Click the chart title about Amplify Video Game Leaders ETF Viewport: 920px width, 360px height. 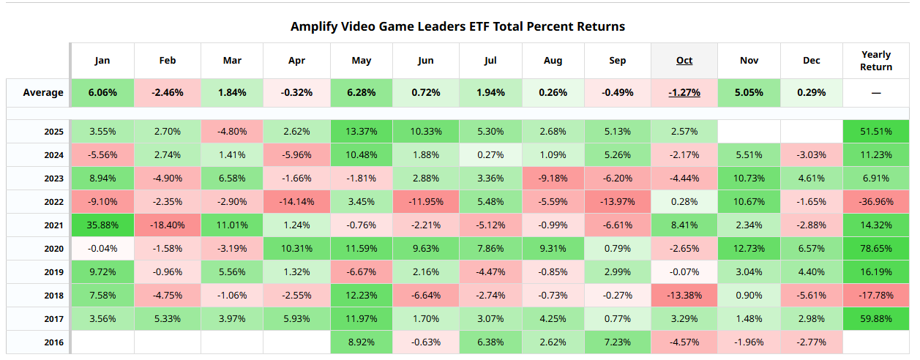(457, 26)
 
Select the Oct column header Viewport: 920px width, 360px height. (684, 60)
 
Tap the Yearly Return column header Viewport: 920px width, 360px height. (876, 61)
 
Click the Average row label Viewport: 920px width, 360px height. (43, 93)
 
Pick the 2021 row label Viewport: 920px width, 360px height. (53, 225)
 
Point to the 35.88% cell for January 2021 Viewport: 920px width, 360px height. (102, 225)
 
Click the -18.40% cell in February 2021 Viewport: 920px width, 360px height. (167, 225)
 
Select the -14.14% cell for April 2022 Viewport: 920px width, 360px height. (296, 202)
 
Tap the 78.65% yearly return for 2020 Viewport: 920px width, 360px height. (876, 249)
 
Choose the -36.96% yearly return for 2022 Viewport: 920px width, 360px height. (876, 202)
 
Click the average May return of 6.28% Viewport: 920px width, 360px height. (361, 93)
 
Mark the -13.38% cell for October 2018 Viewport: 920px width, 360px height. (684, 296)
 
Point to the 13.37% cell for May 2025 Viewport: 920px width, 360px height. (361, 132)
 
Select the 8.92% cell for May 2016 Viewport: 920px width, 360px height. (361, 342)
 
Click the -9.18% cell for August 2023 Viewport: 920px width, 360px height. (553, 179)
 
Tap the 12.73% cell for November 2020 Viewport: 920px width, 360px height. (749, 249)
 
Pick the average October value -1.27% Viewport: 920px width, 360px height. (684, 93)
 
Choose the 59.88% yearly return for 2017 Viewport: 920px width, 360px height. (876, 319)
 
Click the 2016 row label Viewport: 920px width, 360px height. (53, 342)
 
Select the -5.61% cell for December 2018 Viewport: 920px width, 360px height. (812, 296)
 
